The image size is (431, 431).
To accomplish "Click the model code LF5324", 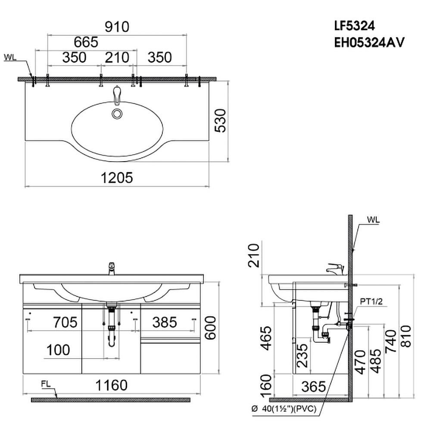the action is [354, 26].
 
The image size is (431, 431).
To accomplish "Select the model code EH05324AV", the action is [369, 43].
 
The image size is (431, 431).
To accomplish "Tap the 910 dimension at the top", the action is [117, 27].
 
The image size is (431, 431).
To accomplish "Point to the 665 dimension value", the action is [86, 42].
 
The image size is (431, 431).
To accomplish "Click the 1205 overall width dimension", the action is [117, 178].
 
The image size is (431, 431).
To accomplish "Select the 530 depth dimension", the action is [220, 121].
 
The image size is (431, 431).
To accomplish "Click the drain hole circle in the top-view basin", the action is [117, 113].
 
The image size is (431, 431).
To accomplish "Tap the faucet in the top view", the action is [117, 95].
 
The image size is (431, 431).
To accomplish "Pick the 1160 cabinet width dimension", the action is [111, 385].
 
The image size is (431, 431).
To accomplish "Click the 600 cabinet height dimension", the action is [211, 328].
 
